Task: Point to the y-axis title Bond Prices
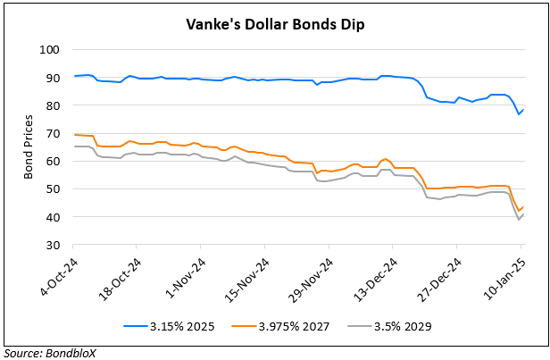click(x=30, y=147)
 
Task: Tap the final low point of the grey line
click(x=518, y=220)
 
